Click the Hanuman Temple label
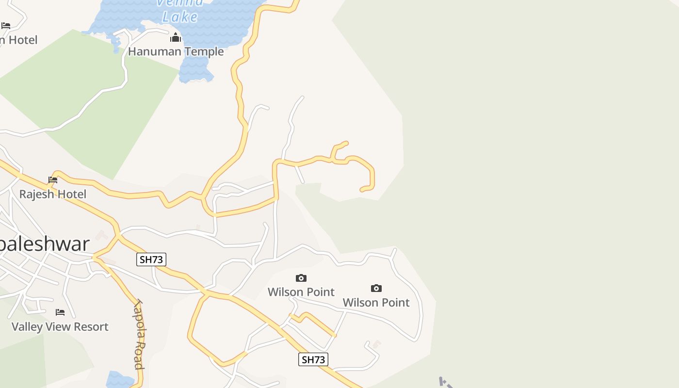coord(176,51)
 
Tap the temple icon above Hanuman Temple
coord(175,38)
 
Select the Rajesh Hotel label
coord(52,194)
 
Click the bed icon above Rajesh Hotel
coord(53,180)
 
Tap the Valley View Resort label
coord(60,326)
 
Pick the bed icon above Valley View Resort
coord(60,312)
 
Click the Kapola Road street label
coord(139,335)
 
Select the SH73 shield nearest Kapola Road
coord(151,259)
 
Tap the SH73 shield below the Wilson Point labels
coord(313,359)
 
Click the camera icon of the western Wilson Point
coord(301,278)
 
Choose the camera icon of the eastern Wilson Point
coord(376,289)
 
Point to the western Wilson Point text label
coord(301,292)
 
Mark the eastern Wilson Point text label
coord(376,303)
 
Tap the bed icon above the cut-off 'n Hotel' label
coord(6,26)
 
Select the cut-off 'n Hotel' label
coord(18,40)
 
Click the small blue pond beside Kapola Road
coord(119,380)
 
